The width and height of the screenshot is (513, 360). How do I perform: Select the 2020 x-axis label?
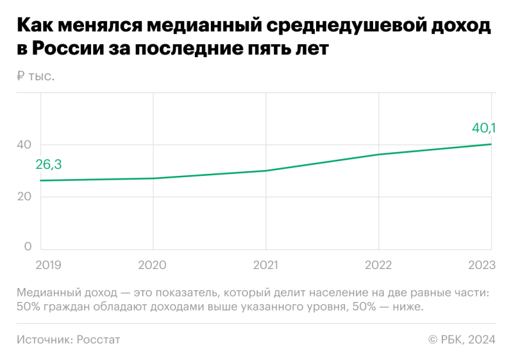pos(153,264)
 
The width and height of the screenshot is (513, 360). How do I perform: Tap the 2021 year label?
pos(265,264)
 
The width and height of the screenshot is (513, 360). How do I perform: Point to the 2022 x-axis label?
pos(378,264)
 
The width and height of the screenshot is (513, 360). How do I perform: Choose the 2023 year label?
pos(481,264)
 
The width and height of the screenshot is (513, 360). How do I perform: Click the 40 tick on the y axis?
pos(24,145)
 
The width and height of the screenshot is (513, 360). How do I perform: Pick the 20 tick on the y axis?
pos(24,196)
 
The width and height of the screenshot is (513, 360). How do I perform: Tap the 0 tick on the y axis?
pos(28,246)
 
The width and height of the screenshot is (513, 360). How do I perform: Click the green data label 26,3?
pos(49,164)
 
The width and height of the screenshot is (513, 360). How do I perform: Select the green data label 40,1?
pos(484,128)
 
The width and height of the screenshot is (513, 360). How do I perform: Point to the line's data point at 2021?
pos(265,171)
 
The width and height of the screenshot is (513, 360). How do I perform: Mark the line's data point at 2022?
pos(378,155)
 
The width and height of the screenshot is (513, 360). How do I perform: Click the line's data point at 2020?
pos(153,178)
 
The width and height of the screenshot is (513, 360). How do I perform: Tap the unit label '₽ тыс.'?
pos(36,76)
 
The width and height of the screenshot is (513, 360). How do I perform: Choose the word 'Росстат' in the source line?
pos(99,339)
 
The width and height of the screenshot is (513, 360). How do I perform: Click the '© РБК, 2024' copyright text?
pos(462,339)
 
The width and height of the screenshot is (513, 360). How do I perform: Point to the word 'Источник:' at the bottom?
pos(45,339)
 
